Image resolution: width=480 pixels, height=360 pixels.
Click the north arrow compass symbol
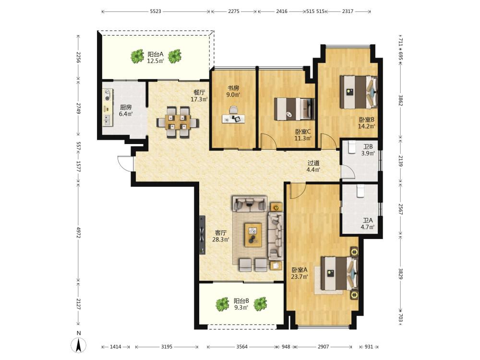click(78, 345)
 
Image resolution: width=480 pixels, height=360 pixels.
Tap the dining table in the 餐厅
click(178, 122)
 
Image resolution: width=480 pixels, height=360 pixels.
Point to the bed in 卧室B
click(359, 92)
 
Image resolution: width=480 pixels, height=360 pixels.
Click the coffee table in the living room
click(253, 235)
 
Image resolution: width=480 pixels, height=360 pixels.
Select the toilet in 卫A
click(360, 192)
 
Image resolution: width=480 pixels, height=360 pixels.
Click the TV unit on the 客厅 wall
click(202, 235)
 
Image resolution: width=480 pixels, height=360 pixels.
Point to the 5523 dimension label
click(156, 12)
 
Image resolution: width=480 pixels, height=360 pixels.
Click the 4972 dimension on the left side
click(78, 233)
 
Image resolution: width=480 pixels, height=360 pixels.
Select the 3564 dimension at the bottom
click(242, 347)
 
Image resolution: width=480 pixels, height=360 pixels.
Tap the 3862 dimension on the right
click(400, 100)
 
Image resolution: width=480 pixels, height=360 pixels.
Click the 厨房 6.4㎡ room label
click(126, 110)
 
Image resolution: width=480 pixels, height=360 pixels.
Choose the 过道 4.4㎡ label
click(314, 167)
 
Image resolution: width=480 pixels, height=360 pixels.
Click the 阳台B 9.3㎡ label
click(241, 304)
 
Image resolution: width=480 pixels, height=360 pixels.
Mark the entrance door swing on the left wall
click(125, 163)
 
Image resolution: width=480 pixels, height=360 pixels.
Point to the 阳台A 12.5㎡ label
click(156, 58)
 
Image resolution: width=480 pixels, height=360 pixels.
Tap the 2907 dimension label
click(323, 347)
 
